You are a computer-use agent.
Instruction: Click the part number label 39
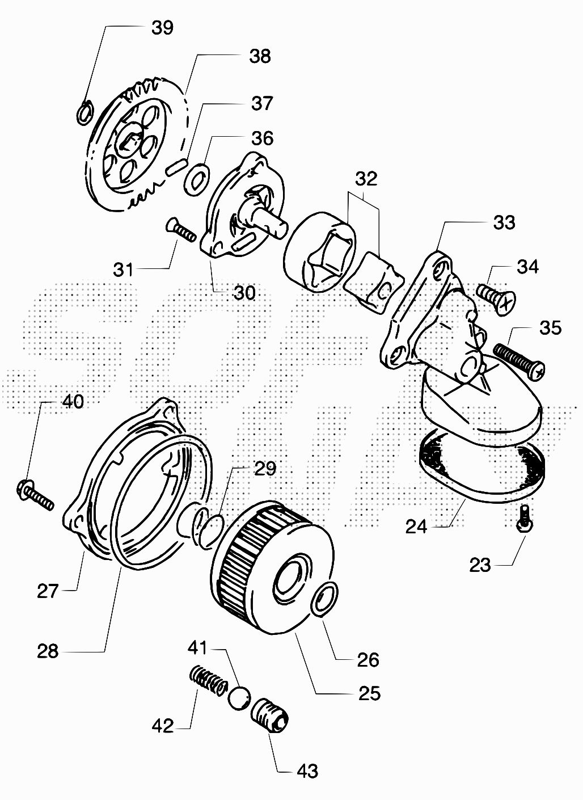[162, 27]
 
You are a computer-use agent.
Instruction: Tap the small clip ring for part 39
[83, 112]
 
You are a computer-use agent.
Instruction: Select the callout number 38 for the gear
[260, 56]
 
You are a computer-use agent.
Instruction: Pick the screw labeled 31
[181, 231]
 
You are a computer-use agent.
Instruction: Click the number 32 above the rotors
[366, 179]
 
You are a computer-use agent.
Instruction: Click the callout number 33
[504, 222]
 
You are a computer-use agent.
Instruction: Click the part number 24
[416, 527]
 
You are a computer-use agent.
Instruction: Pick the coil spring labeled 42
[204, 679]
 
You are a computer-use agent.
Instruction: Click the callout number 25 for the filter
[369, 693]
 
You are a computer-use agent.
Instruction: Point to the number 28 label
[48, 651]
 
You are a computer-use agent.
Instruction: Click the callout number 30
[244, 293]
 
